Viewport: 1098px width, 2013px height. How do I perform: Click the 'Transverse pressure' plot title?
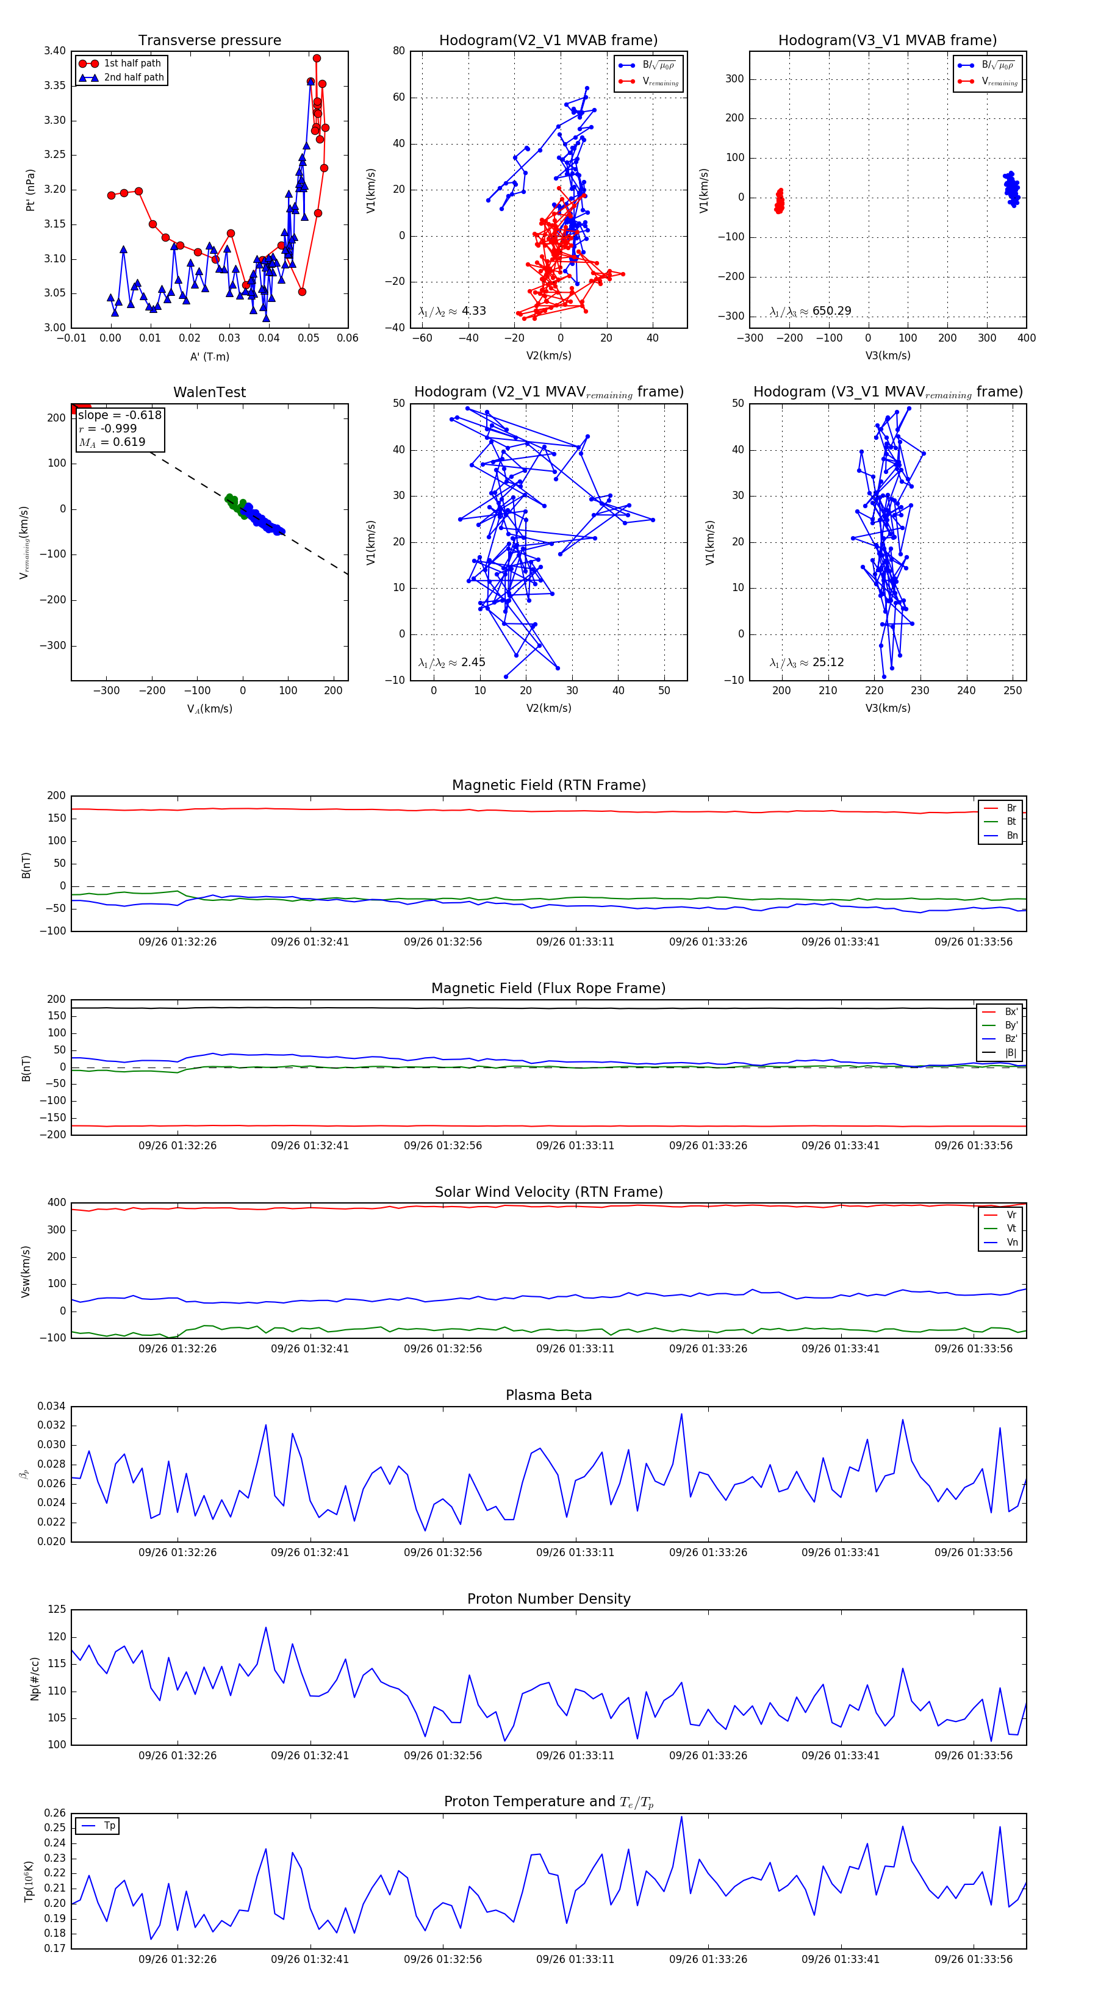click(x=209, y=41)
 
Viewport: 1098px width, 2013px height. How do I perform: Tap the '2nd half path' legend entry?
click(x=134, y=77)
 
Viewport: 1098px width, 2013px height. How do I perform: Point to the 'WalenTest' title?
click(x=209, y=392)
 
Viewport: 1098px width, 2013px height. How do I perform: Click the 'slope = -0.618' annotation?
click(x=120, y=415)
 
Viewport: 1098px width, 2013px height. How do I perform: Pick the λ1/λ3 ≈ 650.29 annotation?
click(x=811, y=311)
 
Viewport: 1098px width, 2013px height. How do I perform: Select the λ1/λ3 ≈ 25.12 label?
click(x=806, y=662)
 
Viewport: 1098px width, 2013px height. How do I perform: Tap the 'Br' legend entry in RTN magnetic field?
click(x=1011, y=808)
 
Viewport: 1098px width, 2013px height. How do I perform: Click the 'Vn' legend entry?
click(x=1011, y=1243)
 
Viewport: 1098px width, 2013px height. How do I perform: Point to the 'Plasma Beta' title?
click(x=548, y=1396)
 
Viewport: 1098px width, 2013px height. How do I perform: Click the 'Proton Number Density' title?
click(x=548, y=1599)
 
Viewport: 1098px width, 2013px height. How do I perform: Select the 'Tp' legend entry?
click(x=109, y=1826)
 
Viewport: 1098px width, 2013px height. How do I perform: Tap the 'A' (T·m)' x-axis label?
click(x=209, y=357)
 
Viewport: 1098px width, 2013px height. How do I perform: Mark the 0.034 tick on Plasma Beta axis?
click(x=52, y=1407)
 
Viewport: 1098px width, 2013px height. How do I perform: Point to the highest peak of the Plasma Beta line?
click(x=681, y=1413)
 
